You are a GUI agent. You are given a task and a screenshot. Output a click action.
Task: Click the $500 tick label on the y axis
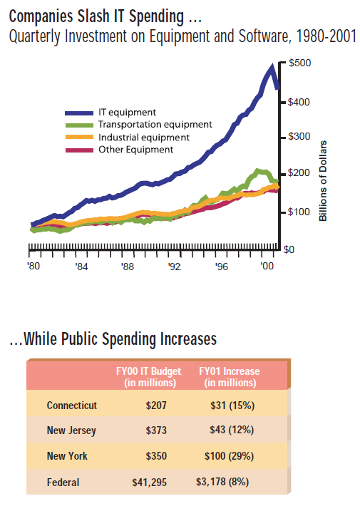(x=300, y=63)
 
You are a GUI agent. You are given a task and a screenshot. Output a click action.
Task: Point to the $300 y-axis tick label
(x=299, y=137)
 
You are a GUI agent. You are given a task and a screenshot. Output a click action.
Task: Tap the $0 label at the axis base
(x=289, y=249)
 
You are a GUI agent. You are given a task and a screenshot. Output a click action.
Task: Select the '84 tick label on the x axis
(x=81, y=267)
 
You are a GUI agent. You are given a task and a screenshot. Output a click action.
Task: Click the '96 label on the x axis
(x=222, y=267)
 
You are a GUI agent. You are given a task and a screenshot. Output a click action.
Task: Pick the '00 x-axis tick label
(x=267, y=267)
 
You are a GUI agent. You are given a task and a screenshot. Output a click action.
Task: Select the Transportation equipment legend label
(x=155, y=125)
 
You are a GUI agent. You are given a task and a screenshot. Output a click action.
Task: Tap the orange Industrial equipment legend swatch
(x=79, y=137)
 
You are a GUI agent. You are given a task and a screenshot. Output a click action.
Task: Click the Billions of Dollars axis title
(x=323, y=181)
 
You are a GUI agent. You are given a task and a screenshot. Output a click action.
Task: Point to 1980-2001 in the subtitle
(x=326, y=36)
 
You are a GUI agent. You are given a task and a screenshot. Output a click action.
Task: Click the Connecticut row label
(x=72, y=406)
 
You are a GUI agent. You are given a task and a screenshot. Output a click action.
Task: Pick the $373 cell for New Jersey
(x=156, y=430)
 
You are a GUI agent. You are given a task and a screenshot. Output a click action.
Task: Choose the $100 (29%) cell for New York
(x=230, y=456)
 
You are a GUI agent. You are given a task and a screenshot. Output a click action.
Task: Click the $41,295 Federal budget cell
(x=150, y=482)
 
